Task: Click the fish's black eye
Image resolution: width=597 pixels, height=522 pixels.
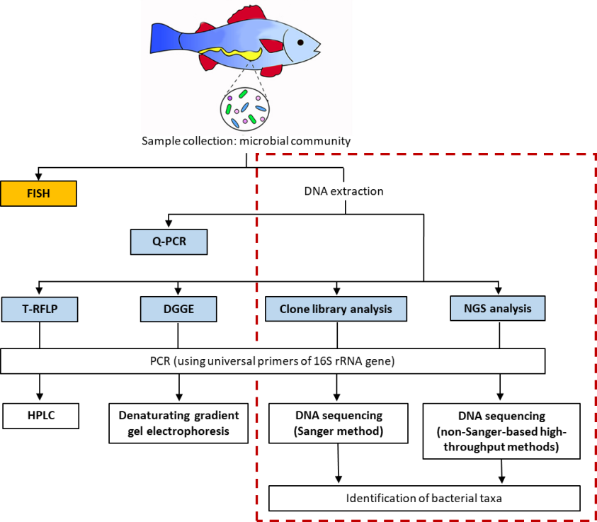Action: [x=300, y=42]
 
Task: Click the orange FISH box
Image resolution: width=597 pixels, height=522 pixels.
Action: [x=38, y=193]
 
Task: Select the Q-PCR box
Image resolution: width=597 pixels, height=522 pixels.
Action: [x=169, y=242]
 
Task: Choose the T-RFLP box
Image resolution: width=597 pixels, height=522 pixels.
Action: [x=40, y=310]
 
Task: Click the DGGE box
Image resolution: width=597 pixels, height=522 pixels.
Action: [x=178, y=310]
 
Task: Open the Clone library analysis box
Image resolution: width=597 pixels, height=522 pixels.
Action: [x=336, y=309]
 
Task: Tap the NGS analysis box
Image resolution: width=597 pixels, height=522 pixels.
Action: [x=498, y=308]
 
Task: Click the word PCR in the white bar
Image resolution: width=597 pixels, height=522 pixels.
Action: [x=160, y=361]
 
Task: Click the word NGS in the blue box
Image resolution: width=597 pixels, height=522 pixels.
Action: [x=476, y=308]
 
